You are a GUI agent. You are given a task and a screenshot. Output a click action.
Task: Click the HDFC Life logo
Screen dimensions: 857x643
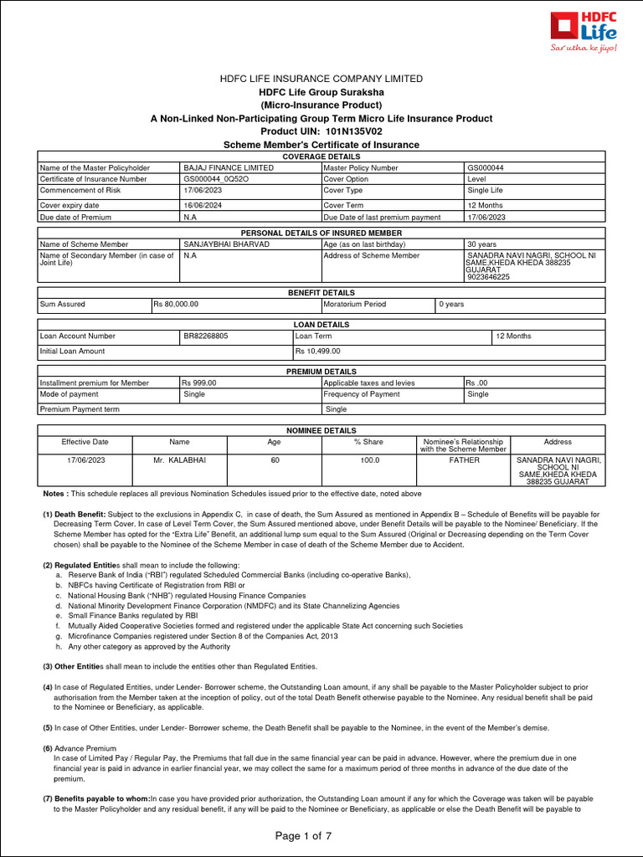pyautogui.click(x=584, y=32)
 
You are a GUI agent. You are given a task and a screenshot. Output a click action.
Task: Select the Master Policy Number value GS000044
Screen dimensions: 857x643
pyautogui.click(x=486, y=167)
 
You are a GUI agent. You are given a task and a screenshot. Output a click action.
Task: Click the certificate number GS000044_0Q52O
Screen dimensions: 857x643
pyautogui.click(x=215, y=179)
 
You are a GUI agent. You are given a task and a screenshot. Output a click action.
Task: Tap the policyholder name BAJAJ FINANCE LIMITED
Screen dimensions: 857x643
pyautogui.click(x=228, y=167)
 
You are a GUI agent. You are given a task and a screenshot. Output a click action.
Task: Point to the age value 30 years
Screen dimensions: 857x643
pyautogui.click(x=484, y=244)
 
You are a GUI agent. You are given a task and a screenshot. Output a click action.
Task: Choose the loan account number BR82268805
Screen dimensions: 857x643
pyautogui.click(x=206, y=336)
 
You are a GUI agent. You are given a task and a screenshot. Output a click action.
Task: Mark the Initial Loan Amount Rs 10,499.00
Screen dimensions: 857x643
pyautogui.click(x=317, y=352)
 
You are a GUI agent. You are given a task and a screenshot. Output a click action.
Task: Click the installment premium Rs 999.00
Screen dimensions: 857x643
pyautogui.click(x=199, y=382)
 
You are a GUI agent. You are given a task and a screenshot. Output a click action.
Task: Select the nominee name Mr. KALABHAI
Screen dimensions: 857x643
pyautogui.click(x=179, y=460)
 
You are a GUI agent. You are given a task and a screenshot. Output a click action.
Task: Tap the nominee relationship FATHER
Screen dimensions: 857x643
pyautogui.click(x=463, y=460)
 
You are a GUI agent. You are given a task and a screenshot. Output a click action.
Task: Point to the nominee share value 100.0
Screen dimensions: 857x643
pyautogui.click(x=368, y=460)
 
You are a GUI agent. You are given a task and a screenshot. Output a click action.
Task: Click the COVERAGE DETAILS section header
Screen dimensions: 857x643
pyautogui.click(x=321, y=157)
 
